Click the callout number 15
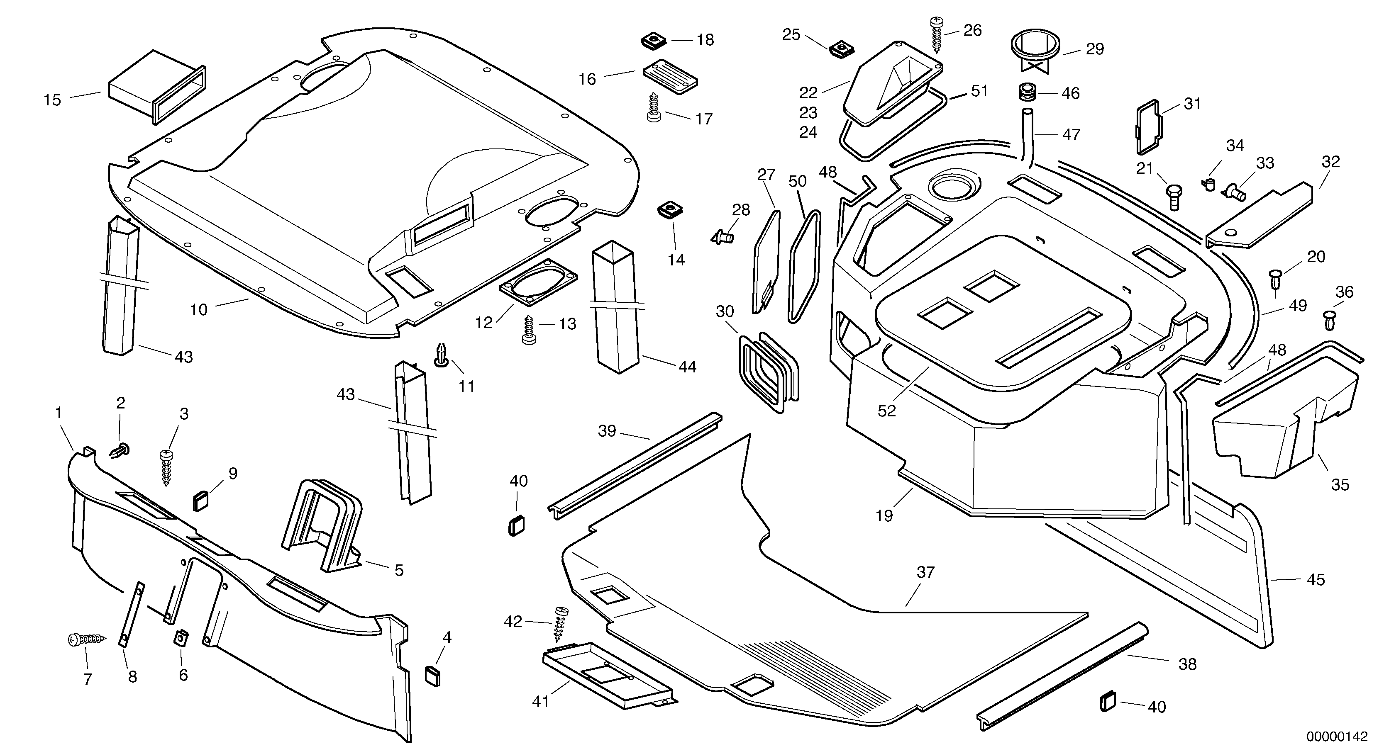click(x=52, y=100)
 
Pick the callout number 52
click(x=886, y=411)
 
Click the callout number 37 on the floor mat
click(x=925, y=572)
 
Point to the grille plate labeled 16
click(x=670, y=77)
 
